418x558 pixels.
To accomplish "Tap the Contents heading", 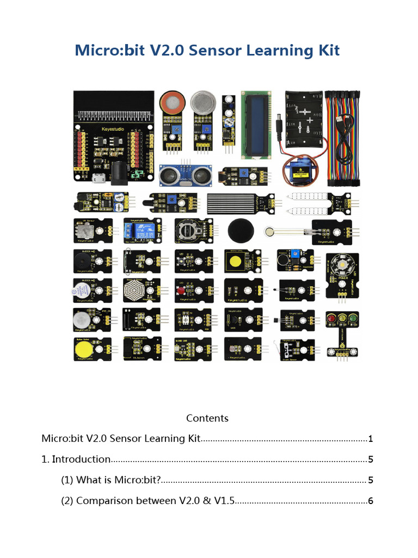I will click(x=207, y=418).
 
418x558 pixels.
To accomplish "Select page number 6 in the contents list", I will click(x=370, y=501).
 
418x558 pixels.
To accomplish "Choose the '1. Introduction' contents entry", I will click(x=76, y=459).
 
